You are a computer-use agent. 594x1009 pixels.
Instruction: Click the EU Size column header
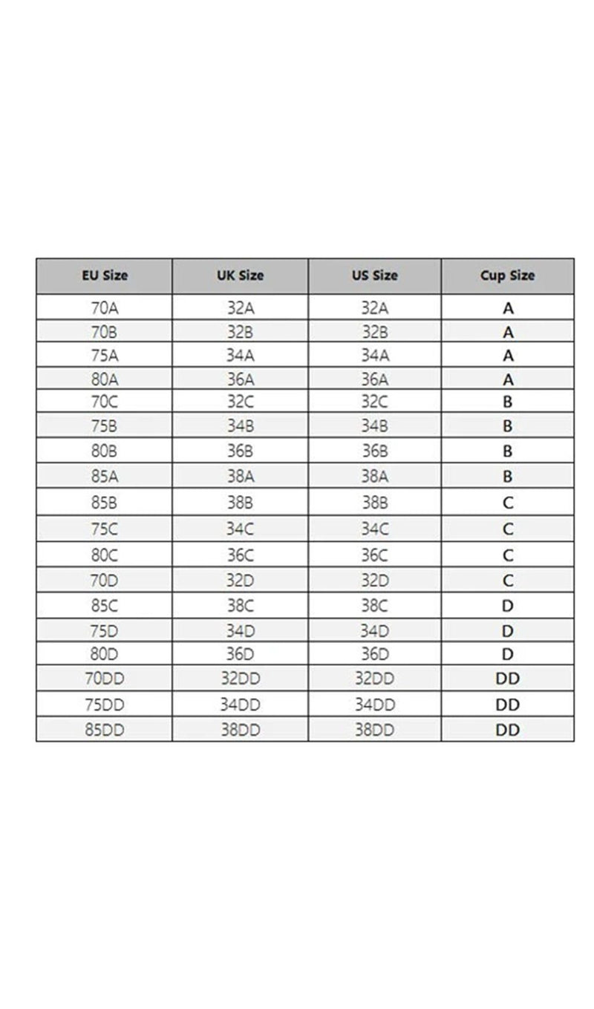105,275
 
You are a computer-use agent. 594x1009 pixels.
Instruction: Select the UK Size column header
240,275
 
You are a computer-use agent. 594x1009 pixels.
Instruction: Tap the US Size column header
374,275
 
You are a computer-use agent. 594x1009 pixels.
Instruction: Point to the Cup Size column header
508,275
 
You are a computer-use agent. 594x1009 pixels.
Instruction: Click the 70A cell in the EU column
105,307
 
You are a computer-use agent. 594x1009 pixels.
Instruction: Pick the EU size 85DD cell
105,729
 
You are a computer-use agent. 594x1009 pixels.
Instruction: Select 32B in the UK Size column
240,331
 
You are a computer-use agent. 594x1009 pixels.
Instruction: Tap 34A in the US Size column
374,355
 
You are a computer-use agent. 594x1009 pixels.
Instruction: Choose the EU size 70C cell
105,402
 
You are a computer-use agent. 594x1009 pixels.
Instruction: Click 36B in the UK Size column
240,451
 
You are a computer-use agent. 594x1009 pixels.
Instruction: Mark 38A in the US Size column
374,476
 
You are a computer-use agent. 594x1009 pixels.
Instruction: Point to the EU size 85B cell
105,502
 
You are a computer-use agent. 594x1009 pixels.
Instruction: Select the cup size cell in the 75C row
508,529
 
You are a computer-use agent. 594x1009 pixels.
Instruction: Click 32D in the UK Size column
240,581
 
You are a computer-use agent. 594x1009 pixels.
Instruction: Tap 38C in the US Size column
374,605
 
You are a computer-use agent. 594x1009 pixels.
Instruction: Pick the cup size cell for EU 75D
508,630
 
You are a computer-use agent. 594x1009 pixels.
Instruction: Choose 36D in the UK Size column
240,654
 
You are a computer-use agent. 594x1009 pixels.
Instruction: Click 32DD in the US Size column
374,679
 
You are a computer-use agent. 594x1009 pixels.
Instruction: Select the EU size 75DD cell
105,704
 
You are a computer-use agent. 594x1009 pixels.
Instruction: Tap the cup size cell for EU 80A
508,379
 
